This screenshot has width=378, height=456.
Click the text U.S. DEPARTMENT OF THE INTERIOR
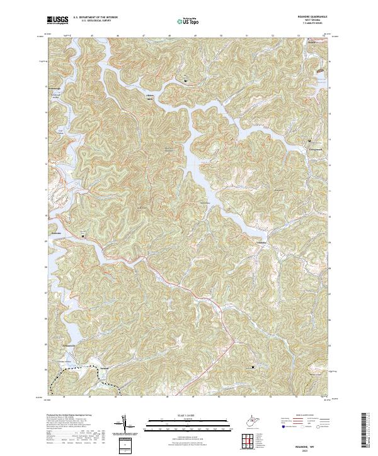(x=96, y=17)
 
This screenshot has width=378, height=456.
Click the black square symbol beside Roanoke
(x=82, y=236)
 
